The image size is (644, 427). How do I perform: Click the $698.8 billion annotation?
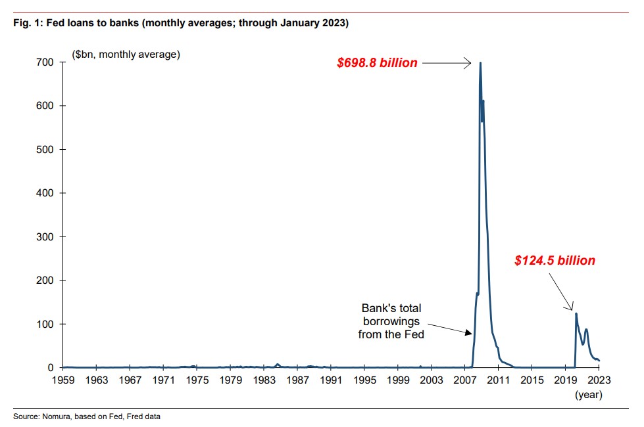click(377, 63)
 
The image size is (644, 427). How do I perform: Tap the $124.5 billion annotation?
click(555, 261)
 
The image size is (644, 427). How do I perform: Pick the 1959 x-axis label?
click(63, 380)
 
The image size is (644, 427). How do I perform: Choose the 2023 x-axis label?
click(599, 380)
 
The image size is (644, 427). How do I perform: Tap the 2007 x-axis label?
click(465, 380)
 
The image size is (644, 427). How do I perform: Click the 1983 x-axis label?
click(264, 380)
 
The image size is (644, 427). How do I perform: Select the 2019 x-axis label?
click(566, 380)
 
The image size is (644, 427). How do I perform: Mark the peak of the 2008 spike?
click(480, 63)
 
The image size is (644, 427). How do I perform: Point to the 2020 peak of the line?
click(576, 313)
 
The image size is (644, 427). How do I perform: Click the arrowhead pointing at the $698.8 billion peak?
click(468, 63)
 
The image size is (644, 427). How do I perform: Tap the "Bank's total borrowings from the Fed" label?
click(391, 321)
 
